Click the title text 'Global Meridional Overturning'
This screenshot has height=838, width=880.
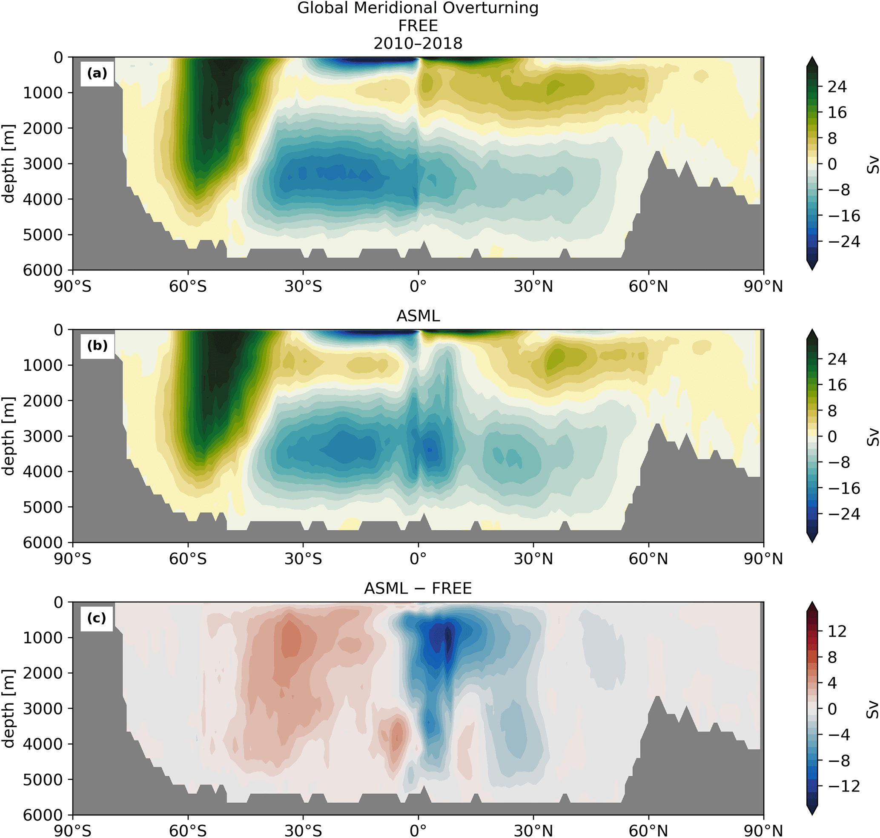click(418, 9)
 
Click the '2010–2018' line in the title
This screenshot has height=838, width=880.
click(418, 43)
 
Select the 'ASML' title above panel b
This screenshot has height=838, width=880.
click(418, 316)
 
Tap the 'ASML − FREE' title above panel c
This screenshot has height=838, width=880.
click(418, 588)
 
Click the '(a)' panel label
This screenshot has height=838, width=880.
click(97, 73)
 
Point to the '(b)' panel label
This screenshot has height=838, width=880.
click(97, 346)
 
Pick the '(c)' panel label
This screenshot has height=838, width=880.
click(97, 618)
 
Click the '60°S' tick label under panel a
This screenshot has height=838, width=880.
click(188, 286)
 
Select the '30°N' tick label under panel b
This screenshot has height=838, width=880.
click(533, 558)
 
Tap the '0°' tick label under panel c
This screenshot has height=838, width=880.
click(418, 830)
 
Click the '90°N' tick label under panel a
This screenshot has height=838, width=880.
click(763, 286)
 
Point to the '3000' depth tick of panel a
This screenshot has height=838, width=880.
click(43, 164)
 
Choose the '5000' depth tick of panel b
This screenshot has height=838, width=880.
click(43, 507)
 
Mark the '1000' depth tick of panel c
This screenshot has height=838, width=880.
click(43, 637)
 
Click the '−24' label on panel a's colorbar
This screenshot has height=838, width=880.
click(843, 242)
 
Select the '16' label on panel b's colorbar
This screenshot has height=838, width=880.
click(837, 385)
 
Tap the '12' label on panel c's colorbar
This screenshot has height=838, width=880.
click(837, 631)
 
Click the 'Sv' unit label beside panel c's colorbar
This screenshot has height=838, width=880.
click(872, 709)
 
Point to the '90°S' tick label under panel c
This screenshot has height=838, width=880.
click(73, 830)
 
